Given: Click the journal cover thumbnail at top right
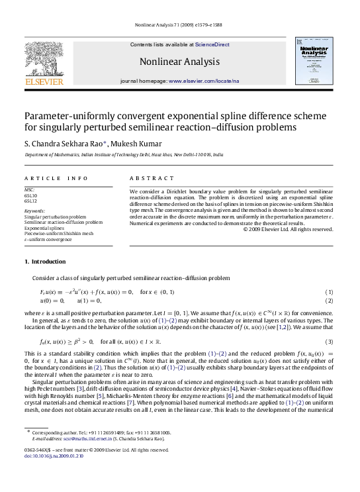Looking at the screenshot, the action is [314, 60].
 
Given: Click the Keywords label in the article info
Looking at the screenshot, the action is [34, 211].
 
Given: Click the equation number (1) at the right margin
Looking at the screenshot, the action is [330, 292].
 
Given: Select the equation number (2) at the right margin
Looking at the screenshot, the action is [330, 300].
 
